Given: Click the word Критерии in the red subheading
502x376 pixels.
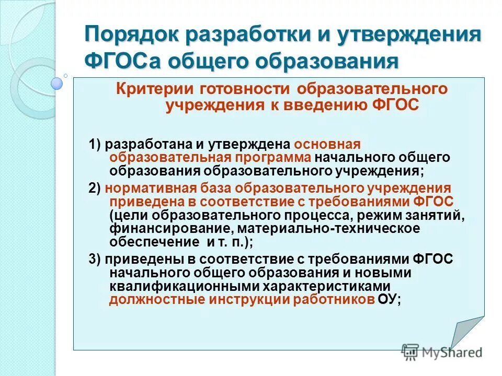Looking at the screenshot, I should pyautogui.click(x=149, y=89).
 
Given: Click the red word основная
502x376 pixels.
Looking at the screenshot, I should pyautogui.click(x=328, y=145).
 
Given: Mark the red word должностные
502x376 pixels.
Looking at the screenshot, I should pyautogui.click(x=149, y=300).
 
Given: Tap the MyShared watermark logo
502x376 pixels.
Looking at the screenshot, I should pyautogui.click(x=442, y=352).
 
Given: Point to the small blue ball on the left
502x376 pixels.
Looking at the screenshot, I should pyautogui.click(x=56, y=83).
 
